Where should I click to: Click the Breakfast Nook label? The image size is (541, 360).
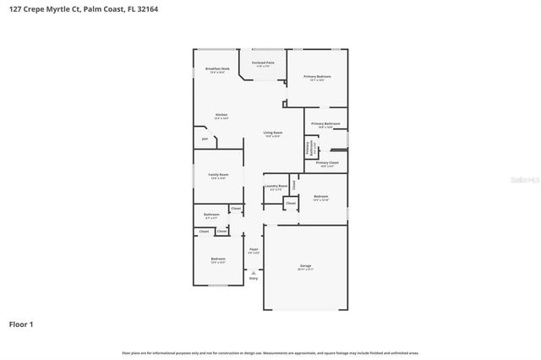coord(217,68)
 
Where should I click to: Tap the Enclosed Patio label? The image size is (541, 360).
coord(263,63)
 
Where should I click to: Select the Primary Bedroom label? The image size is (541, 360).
coord(317,77)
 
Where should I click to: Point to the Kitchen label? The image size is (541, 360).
coord(221,115)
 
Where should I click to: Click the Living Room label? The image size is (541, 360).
coord(272,133)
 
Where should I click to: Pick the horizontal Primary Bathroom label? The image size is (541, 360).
coord(325,124)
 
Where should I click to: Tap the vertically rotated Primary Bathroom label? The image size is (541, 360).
coord(307,149)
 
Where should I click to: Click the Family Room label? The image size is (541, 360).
coord(218,175)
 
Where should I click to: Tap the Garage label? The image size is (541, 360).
coord(305,266)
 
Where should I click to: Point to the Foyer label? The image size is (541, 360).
coord(254,249)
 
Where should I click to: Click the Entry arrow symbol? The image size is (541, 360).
coord(254,271)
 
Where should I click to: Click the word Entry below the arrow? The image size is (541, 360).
coord(254,278)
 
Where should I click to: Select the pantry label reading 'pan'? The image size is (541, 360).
coord(205,139)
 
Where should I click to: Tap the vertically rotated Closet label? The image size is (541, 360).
coord(293,183)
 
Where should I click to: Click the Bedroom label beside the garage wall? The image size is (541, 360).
coord(320,196)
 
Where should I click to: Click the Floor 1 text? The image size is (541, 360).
coord(21,324)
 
